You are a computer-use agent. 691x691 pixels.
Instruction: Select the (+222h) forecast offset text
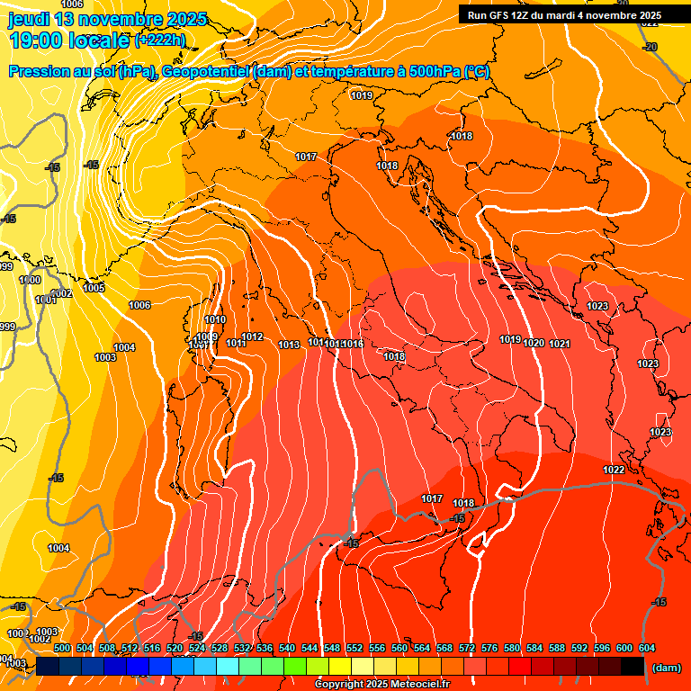(159, 40)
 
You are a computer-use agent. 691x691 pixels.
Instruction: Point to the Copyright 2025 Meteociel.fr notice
(382, 685)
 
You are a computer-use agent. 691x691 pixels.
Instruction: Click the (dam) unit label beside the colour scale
(666, 668)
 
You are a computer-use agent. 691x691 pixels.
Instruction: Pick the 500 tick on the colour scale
(62, 648)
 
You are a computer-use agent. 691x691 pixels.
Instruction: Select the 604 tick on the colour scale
(646, 648)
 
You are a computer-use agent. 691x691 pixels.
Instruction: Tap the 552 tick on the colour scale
(354, 648)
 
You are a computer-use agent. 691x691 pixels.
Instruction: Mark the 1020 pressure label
(534, 343)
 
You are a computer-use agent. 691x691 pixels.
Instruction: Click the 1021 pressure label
(560, 344)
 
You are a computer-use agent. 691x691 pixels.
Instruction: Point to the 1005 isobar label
(94, 288)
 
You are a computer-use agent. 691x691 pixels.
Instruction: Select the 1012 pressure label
(252, 337)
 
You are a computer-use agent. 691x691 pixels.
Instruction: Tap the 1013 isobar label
(289, 345)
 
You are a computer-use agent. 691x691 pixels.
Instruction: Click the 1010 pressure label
(215, 319)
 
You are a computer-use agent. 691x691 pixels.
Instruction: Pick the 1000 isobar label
(30, 280)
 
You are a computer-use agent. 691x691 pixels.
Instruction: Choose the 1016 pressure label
(353, 344)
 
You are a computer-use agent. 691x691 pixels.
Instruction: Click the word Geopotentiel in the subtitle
(206, 72)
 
